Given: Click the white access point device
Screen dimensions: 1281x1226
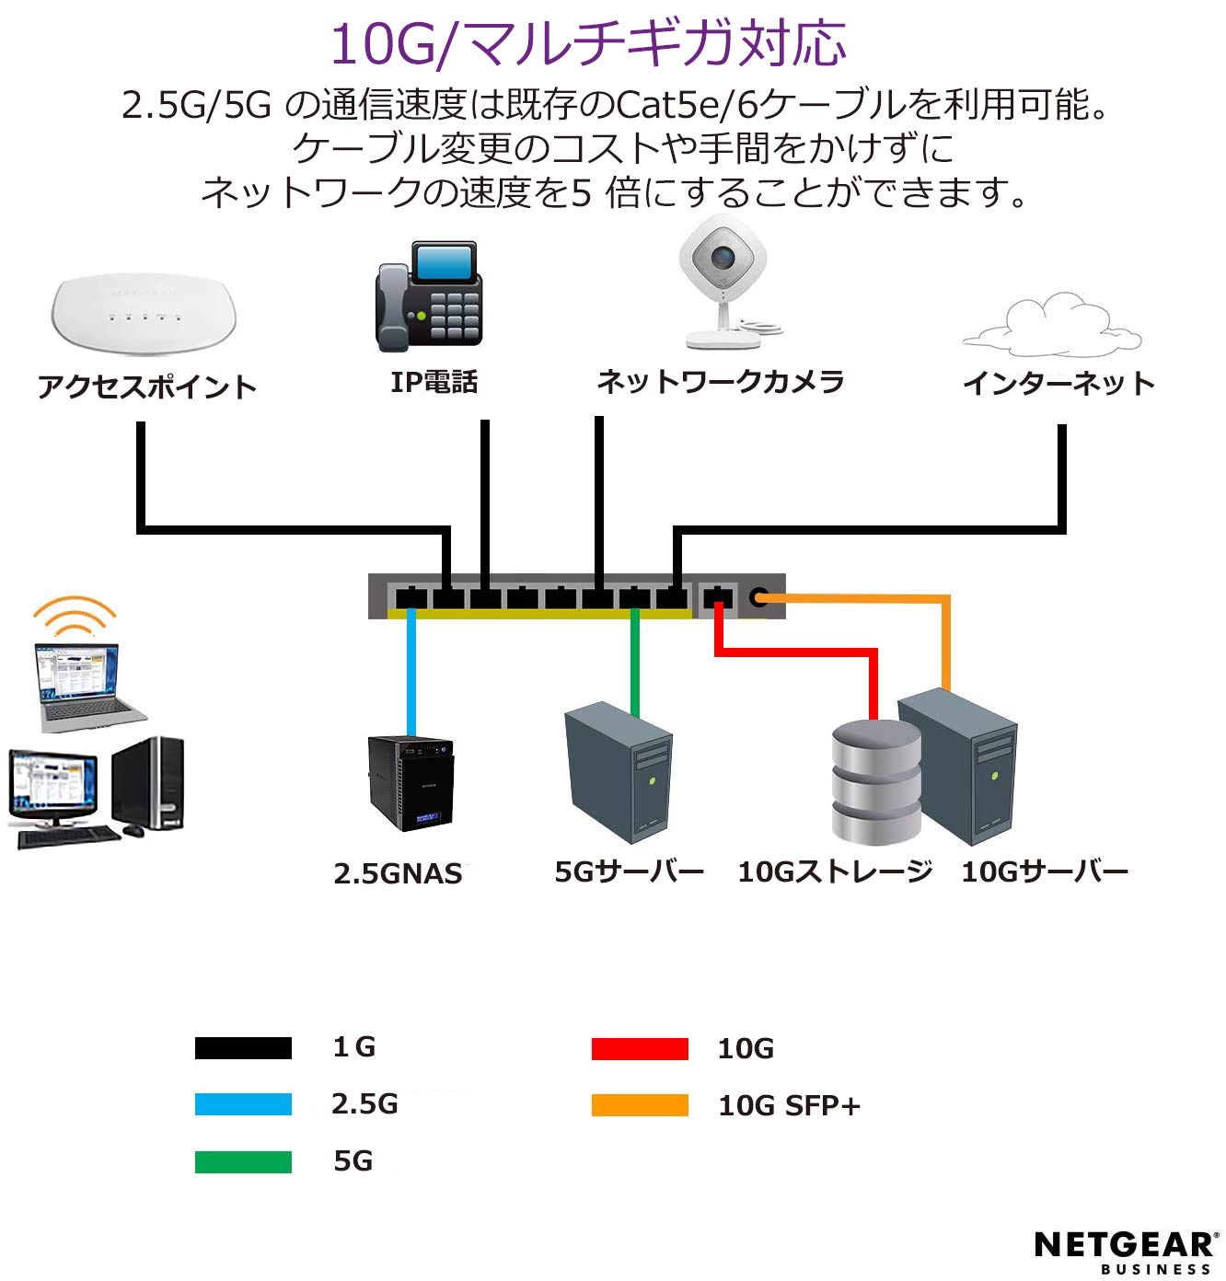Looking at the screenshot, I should pyautogui.click(x=144, y=313).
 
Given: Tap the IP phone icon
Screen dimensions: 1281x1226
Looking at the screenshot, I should pyautogui.click(x=429, y=296).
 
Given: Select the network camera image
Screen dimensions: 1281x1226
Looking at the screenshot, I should pyautogui.click(x=724, y=281).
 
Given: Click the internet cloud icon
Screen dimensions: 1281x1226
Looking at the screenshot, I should pyautogui.click(x=1053, y=327).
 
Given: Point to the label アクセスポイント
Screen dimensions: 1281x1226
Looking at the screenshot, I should pyautogui.click(x=147, y=387).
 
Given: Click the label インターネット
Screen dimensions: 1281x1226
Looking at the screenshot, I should pyautogui.click(x=1058, y=383).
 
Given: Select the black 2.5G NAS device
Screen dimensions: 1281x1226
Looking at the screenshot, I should pyautogui.click(x=411, y=782).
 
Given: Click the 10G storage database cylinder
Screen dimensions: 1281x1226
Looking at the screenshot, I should pyautogui.click(x=875, y=782).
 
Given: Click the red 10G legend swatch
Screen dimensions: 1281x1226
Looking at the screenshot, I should pyautogui.click(x=640, y=1048).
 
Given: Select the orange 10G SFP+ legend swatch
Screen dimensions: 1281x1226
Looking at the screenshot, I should pyautogui.click(x=640, y=1104).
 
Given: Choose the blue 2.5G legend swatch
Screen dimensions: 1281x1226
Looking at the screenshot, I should pyautogui.click(x=243, y=1104).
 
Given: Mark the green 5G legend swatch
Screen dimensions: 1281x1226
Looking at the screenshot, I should pyautogui.click(x=243, y=1161).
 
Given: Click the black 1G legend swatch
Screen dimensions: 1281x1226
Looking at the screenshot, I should pyautogui.click(x=243, y=1048).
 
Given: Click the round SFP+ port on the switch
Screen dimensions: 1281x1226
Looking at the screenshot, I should pyautogui.click(x=758, y=597).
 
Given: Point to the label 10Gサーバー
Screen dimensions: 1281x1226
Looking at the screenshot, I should pyautogui.click(x=1045, y=871).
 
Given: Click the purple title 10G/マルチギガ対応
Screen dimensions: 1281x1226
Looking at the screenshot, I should pyautogui.click(x=587, y=43).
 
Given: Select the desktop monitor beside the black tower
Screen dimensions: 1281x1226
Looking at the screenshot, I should pyautogui.click(x=53, y=788).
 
